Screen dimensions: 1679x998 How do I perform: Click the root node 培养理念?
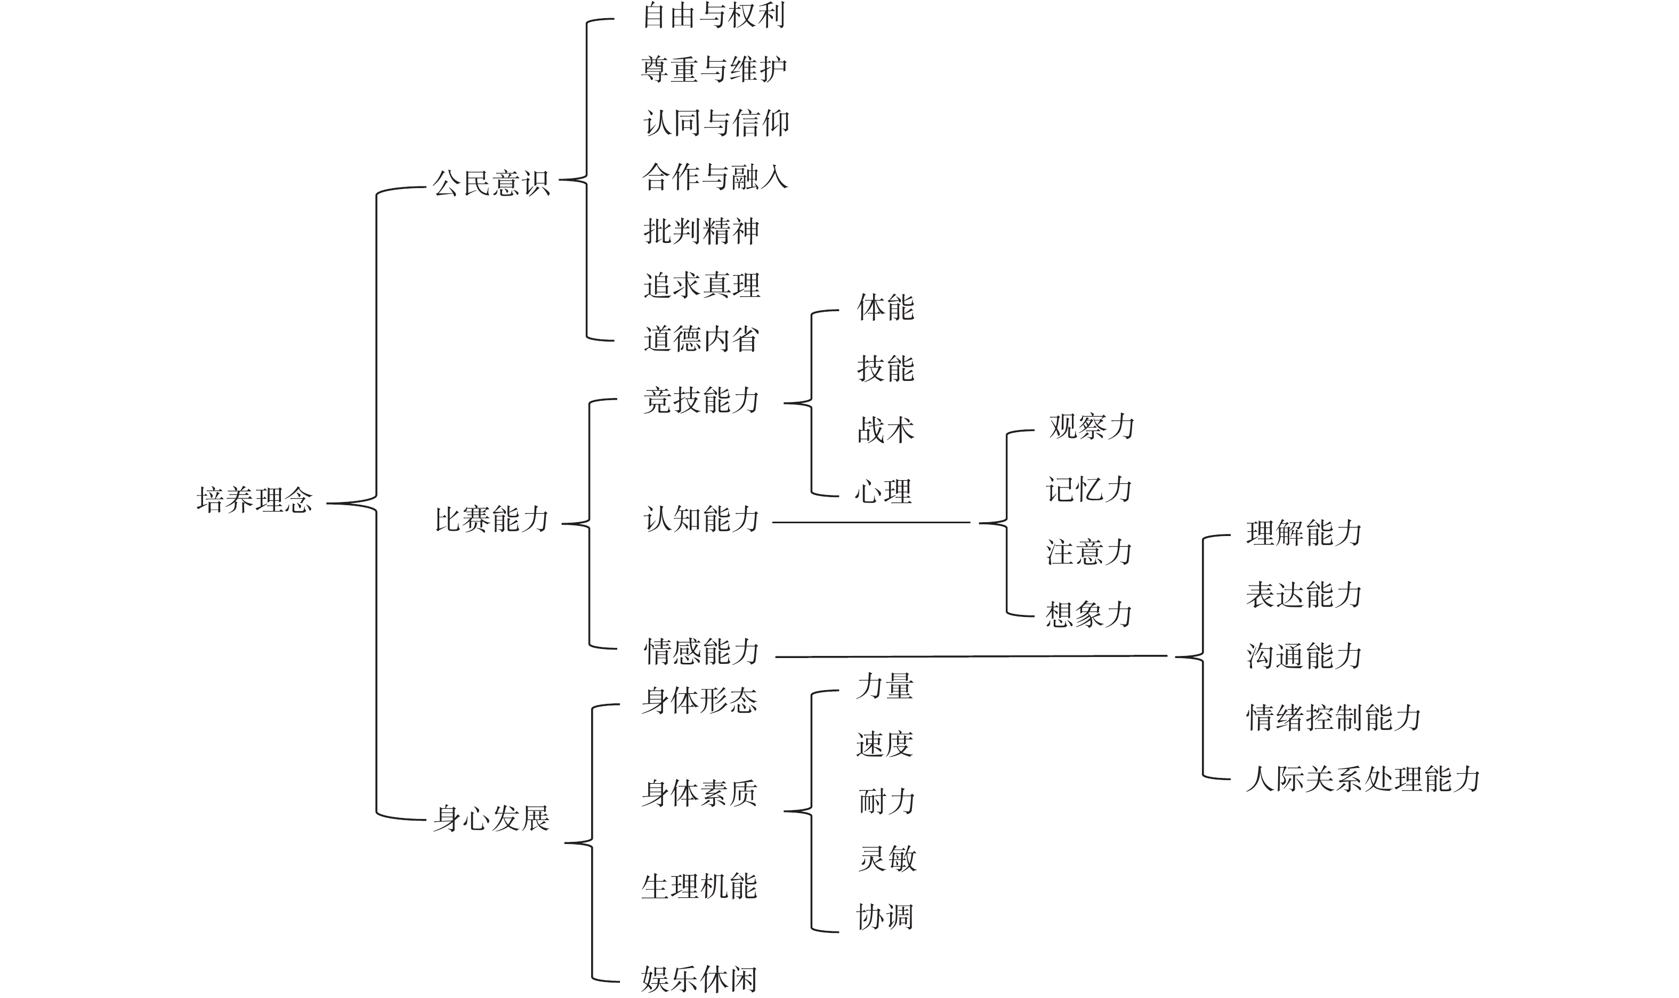coord(254,500)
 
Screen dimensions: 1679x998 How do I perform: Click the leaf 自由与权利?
coord(714,15)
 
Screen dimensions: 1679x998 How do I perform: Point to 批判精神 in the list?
coord(701,231)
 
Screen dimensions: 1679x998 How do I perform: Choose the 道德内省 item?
coord(701,339)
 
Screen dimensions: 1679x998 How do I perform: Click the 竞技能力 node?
coord(701,400)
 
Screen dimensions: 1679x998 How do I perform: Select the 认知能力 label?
coord(701,519)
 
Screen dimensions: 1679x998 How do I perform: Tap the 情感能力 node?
coord(701,651)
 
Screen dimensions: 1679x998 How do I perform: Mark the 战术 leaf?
coord(885,430)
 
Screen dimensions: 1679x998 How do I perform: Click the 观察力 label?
coord(1092,426)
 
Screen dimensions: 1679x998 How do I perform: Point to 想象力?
coord(1089,614)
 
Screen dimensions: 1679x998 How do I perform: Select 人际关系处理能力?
coord(1363,779)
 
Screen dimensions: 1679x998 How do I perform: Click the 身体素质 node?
coord(699,793)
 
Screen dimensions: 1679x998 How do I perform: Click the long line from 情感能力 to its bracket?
coord(971,656)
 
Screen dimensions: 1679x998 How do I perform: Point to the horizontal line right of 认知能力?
coord(871,522)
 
